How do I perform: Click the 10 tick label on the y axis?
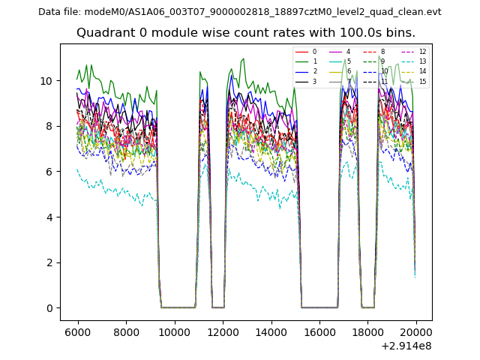tap(46, 80)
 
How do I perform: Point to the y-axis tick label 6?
tap(49, 172)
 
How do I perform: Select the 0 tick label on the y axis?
tap(49, 308)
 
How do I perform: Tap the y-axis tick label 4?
tap(49, 217)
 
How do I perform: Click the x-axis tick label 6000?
tap(78, 331)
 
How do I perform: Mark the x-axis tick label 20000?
tap(416, 331)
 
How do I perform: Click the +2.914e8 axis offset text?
tap(406, 346)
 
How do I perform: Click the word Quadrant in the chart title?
tap(105, 33)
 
